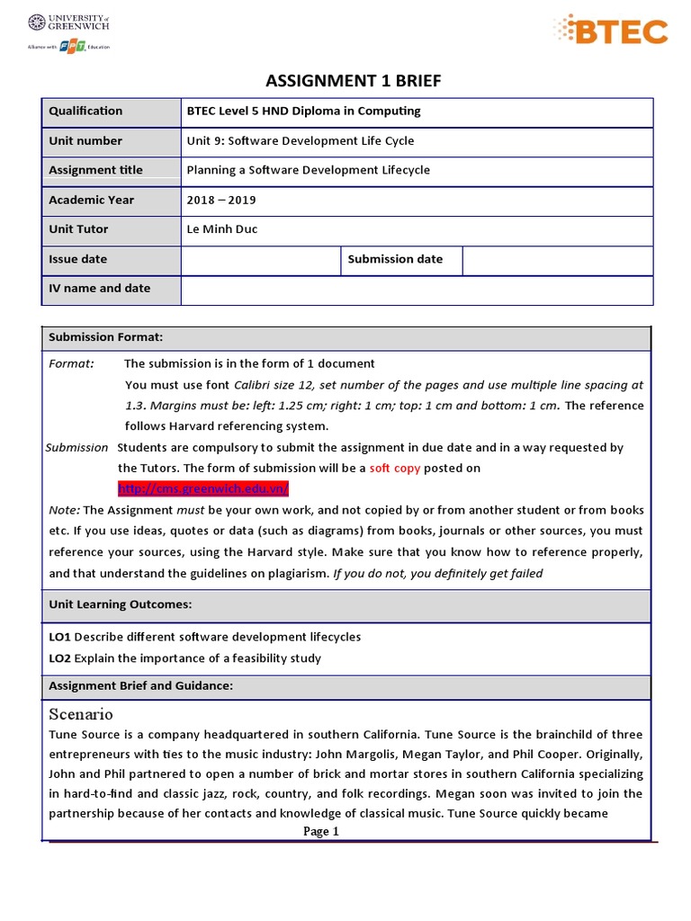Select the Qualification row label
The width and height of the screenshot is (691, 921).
(x=85, y=111)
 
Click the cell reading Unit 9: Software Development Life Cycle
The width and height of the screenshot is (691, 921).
(x=300, y=140)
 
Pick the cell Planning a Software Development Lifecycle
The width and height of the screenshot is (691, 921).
(x=308, y=170)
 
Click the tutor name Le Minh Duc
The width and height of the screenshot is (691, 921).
(x=221, y=229)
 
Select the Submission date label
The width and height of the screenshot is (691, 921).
(x=395, y=259)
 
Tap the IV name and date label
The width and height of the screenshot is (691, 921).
(x=99, y=289)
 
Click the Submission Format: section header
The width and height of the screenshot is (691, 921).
(x=105, y=337)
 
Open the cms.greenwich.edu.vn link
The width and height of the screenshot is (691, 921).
(x=203, y=488)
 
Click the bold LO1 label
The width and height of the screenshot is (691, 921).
(x=59, y=637)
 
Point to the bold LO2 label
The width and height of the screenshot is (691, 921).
(x=59, y=658)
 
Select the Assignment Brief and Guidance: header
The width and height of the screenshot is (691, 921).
(x=140, y=686)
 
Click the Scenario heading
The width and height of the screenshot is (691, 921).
(x=81, y=714)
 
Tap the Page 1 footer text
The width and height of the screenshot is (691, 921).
(x=321, y=832)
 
